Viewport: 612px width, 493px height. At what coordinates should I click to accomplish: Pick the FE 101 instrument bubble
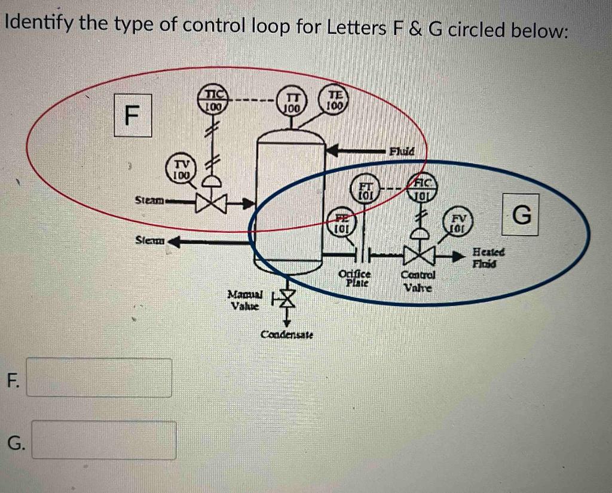pyautogui.click(x=340, y=221)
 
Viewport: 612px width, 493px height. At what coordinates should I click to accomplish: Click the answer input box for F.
pyautogui.click(x=99, y=377)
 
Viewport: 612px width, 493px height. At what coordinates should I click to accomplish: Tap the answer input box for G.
pyautogui.click(x=103, y=440)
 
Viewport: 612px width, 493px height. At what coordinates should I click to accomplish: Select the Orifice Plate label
pyautogui.click(x=355, y=278)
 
